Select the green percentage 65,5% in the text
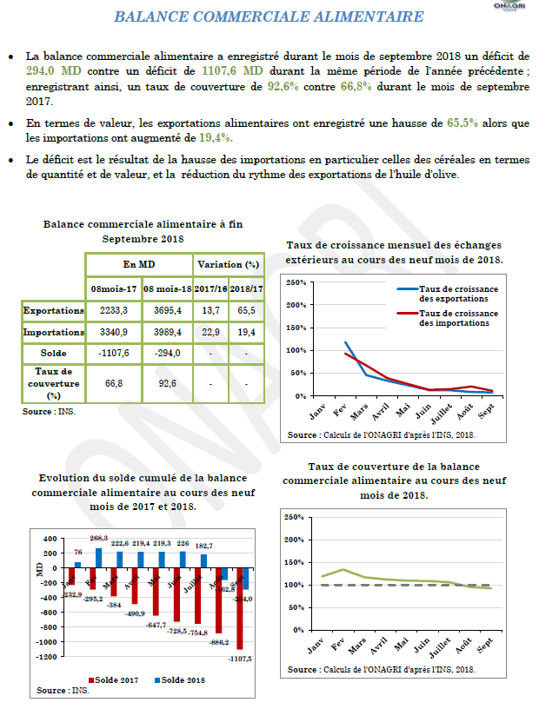pos(462,123)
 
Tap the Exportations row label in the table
pos(53,310)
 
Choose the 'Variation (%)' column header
pos(228,264)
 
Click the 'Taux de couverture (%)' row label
pos(53,383)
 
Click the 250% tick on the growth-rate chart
pos(296,282)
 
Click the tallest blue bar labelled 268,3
pos(98,556)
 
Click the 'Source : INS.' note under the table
pos(50,412)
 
